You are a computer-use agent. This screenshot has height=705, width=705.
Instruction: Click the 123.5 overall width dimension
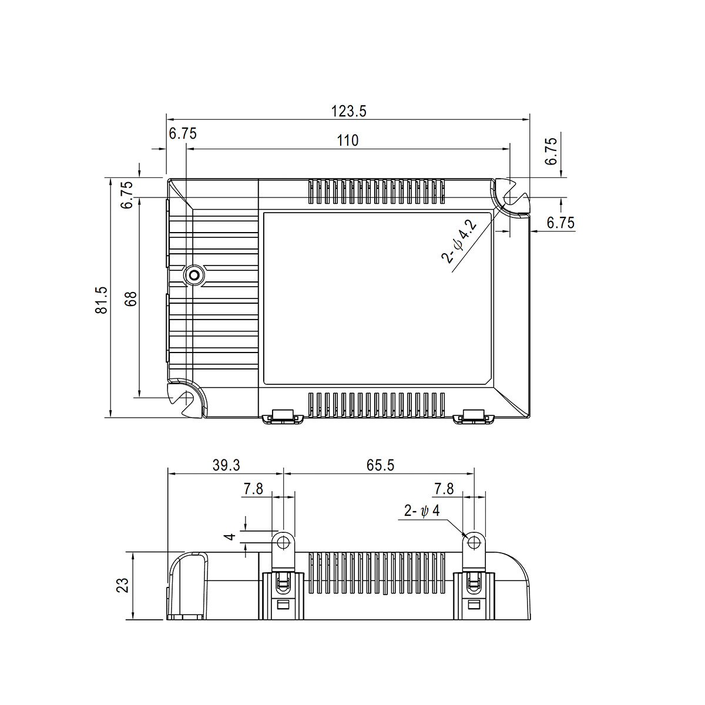tap(349, 112)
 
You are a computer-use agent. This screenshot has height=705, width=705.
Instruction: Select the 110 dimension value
tap(347, 140)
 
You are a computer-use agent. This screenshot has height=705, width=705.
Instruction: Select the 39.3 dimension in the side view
tap(226, 465)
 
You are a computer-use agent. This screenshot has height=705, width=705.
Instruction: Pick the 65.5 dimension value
tap(381, 465)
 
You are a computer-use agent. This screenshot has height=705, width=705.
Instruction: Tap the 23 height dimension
tap(122, 585)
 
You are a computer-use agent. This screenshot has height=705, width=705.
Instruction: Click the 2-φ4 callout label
tap(422, 511)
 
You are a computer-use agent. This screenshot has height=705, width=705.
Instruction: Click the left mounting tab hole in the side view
tap(283, 540)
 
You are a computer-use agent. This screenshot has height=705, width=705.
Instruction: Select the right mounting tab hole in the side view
tap(474, 540)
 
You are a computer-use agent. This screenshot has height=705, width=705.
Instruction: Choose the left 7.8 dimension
tap(253, 489)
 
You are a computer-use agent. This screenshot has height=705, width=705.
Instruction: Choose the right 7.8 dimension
tap(444, 489)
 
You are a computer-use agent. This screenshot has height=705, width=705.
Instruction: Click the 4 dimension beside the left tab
tap(231, 536)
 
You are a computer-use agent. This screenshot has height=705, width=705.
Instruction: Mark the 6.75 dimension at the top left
tap(183, 133)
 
